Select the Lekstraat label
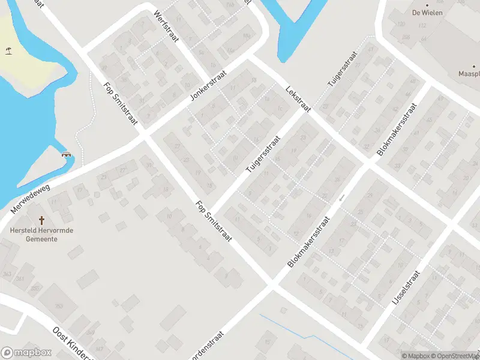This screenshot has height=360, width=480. click(298, 97)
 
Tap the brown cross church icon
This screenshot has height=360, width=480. click(42, 220)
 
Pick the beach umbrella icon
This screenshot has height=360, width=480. click(8, 50)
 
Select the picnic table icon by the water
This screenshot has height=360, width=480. click(67, 154)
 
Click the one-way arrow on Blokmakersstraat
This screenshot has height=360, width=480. click(341, 197)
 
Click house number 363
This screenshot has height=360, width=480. click(7, 274)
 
